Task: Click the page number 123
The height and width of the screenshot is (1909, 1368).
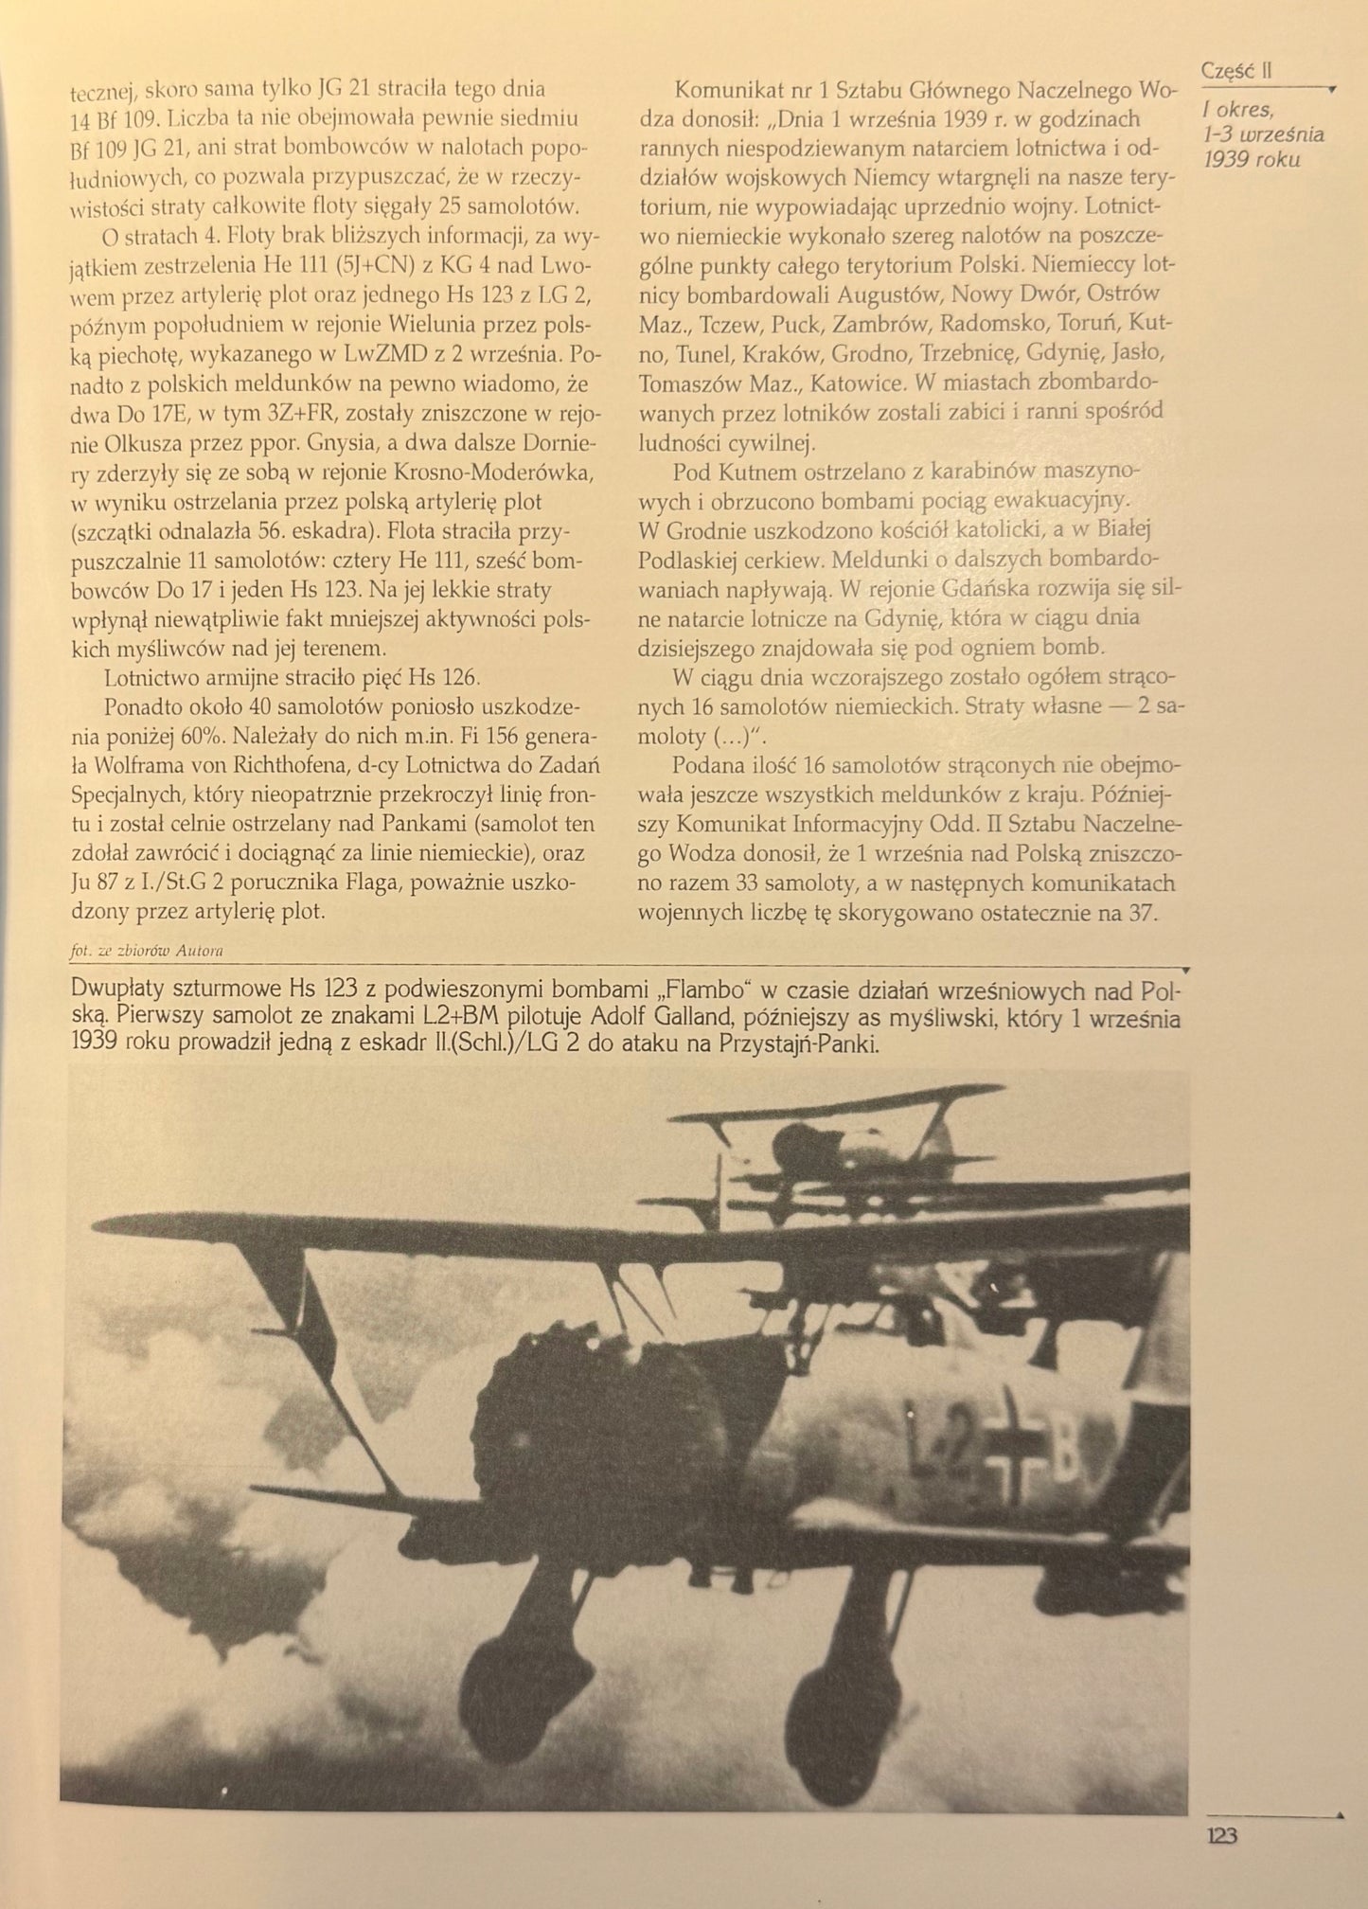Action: pyautogui.click(x=1221, y=1835)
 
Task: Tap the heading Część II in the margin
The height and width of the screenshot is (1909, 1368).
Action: pyautogui.click(x=1235, y=70)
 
